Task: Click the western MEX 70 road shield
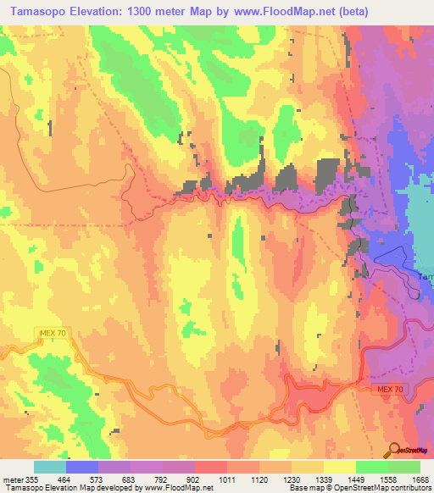51,333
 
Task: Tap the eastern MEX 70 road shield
392,388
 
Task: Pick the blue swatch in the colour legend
82,467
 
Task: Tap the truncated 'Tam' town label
426,276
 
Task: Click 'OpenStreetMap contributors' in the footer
383,488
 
